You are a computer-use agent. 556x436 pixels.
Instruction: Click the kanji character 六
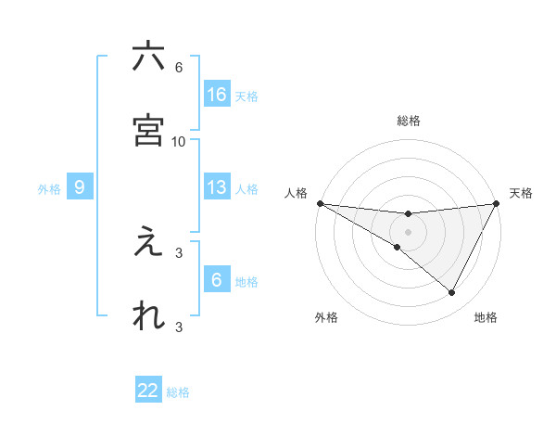(148, 57)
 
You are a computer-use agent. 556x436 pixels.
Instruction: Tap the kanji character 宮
(148, 130)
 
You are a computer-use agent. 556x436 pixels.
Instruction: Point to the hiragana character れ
(148, 315)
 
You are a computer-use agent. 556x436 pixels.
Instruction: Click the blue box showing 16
(217, 94)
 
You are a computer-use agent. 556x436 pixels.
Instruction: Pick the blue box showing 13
(217, 187)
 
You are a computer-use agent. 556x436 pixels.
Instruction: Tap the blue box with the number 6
(217, 280)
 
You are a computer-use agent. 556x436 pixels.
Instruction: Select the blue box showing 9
(80, 187)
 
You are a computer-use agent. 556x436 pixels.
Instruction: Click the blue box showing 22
(148, 391)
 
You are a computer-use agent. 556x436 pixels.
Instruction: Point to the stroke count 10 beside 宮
(179, 142)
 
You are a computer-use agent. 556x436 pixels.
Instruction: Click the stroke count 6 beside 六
(179, 68)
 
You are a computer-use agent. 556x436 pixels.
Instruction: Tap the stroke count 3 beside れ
(179, 327)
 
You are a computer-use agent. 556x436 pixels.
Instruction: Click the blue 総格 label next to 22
(178, 392)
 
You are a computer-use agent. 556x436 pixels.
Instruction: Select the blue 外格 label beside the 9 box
(49, 189)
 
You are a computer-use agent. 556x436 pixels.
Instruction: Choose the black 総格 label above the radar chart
(409, 121)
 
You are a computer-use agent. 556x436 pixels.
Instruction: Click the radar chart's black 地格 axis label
(486, 317)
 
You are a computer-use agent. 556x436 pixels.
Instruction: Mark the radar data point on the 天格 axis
(497, 203)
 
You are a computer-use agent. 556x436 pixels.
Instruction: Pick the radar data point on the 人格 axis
(320, 203)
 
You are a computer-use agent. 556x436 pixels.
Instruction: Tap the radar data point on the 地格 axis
(452, 293)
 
